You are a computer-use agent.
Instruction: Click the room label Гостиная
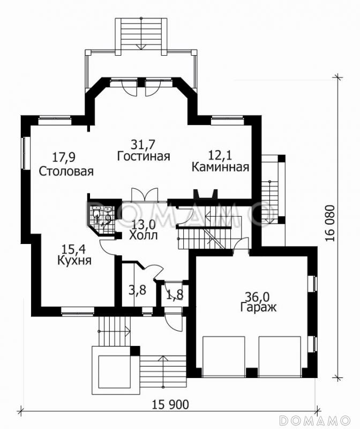[143, 157]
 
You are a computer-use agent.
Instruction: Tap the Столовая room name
[66, 172]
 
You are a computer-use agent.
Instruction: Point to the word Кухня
[73, 261]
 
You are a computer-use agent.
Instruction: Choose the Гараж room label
[258, 308]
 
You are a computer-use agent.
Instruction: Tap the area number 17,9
[64, 158]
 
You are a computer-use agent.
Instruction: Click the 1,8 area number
[174, 294]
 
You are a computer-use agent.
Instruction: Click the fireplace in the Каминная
[205, 194]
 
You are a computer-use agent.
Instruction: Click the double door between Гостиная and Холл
[144, 194]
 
